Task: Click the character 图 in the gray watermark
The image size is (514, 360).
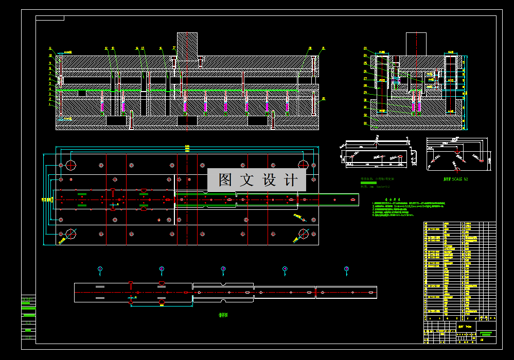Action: tap(225, 180)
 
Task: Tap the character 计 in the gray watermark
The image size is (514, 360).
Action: tap(291, 180)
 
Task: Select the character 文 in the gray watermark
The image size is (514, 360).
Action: tap(247, 180)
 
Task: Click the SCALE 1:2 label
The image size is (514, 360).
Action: tap(456, 179)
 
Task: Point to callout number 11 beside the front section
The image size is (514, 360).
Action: tap(50, 48)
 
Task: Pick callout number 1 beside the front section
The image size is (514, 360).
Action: tap(50, 104)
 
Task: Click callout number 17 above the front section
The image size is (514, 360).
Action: tap(174, 48)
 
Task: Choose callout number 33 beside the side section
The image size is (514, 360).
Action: tap(365, 123)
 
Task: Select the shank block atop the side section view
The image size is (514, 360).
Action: tap(416, 44)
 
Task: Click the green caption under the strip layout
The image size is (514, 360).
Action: tap(222, 315)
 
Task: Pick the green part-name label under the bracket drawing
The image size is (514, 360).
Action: tap(378, 181)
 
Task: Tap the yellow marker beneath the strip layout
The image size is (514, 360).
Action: tap(162, 304)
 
